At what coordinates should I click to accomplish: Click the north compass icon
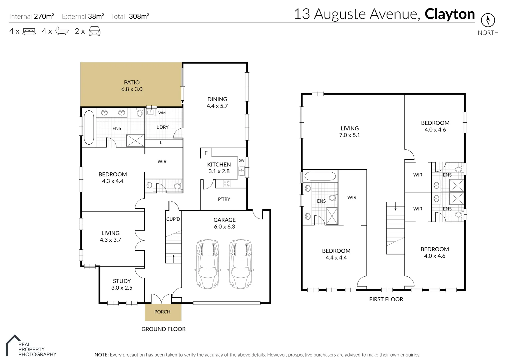[x=488, y=20]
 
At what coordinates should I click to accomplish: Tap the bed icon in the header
[x=29, y=32]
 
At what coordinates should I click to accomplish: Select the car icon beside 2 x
[x=94, y=31]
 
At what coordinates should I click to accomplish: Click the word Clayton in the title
[x=450, y=14]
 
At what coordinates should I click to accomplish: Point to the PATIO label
[x=132, y=82]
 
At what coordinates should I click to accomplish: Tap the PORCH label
[x=162, y=312]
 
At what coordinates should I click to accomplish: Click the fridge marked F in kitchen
[x=206, y=153]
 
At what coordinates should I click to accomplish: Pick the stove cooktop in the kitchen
[x=226, y=183]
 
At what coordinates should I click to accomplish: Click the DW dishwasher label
[x=241, y=161]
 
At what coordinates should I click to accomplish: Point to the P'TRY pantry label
[x=224, y=199]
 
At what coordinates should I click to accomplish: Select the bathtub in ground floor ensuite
[x=89, y=127]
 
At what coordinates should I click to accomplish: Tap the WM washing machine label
[x=162, y=113]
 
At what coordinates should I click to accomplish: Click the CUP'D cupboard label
[x=173, y=219]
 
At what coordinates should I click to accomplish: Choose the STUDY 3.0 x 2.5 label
[x=122, y=284]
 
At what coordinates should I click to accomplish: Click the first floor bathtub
[x=320, y=177]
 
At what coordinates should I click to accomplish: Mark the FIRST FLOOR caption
[x=386, y=299]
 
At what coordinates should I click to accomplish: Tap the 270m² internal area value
[x=44, y=16]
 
